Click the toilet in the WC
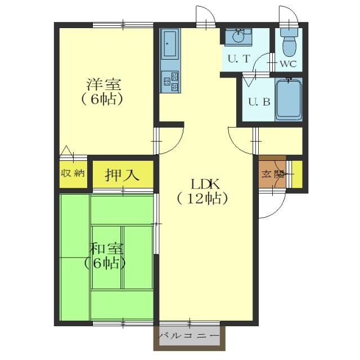pos(289,42)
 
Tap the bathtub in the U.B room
pos(289,100)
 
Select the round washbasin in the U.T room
pos(238,37)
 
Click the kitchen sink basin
pos(170,44)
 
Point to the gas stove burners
pos(170,82)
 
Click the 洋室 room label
pos(103,84)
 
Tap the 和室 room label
pos(106,249)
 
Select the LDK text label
pos(205,184)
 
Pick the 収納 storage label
pos(73,173)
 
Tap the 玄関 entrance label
pos(273,174)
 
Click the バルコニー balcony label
pos(189,336)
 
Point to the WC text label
pos(288,64)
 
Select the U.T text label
pos(238,59)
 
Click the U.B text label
pos(259,102)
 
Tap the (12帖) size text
pos(202,199)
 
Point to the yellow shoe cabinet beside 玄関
pos(297,174)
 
